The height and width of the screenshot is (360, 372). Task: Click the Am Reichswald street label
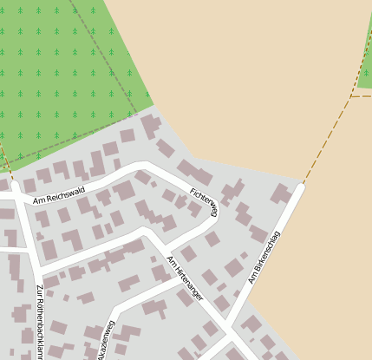[59, 194]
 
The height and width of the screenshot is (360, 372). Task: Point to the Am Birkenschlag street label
[264, 257]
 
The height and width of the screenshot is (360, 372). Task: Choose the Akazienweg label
[105, 341]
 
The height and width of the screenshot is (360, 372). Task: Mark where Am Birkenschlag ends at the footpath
[303, 184]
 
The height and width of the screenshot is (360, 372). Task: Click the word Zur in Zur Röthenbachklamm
[40, 291]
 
